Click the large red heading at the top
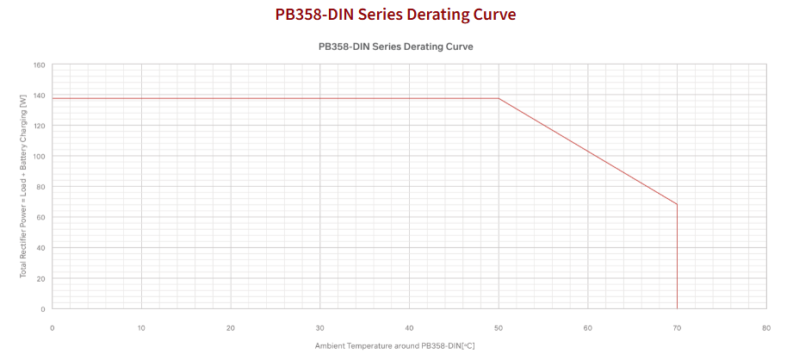(396, 15)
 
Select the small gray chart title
(396, 47)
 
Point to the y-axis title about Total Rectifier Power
(23, 187)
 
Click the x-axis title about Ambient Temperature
(395, 345)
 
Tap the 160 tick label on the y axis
(39, 65)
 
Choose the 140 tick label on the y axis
(39, 96)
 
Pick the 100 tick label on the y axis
(39, 157)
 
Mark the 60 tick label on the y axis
(40, 217)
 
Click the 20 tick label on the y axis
(40, 278)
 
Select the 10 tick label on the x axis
(141, 327)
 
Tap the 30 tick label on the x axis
(319, 327)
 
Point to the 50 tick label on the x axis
(499, 327)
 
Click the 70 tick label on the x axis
(677, 327)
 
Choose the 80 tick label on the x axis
(766, 327)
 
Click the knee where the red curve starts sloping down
(499, 98)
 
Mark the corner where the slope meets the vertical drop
(678, 204)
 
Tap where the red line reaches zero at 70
(678, 308)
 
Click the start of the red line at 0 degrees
(53, 98)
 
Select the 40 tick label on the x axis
(409, 327)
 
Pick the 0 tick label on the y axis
(43, 308)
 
